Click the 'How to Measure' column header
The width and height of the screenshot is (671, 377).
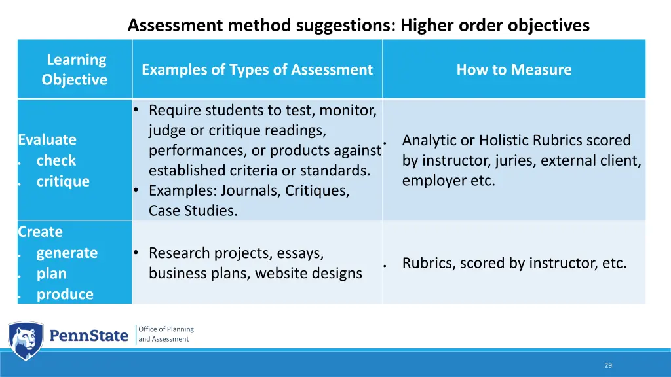click(514, 69)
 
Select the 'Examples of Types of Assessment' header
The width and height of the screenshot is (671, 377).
click(257, 69)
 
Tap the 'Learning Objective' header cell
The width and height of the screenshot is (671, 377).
click(75, 69)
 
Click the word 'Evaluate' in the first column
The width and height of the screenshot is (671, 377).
click(47, 139)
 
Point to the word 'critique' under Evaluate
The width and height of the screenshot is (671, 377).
click(63, 181)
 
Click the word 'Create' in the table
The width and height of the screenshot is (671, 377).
click(41, 232)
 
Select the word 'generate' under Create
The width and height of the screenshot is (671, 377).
click(67, 253)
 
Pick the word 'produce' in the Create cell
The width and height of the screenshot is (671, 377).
click(65, 295)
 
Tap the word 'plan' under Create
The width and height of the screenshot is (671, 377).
click(51, 274)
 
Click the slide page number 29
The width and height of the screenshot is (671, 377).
click(608, 365)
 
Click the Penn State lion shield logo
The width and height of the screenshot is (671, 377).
click(26, 340)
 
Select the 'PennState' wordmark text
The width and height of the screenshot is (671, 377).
click(89, 336)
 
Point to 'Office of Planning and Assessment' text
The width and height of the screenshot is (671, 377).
click(166, 334)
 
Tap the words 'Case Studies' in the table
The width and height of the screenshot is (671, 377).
click(193, 211)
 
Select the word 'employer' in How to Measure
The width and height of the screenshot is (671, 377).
click(432, 181)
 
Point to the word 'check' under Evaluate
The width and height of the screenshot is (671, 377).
click(56, 160)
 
